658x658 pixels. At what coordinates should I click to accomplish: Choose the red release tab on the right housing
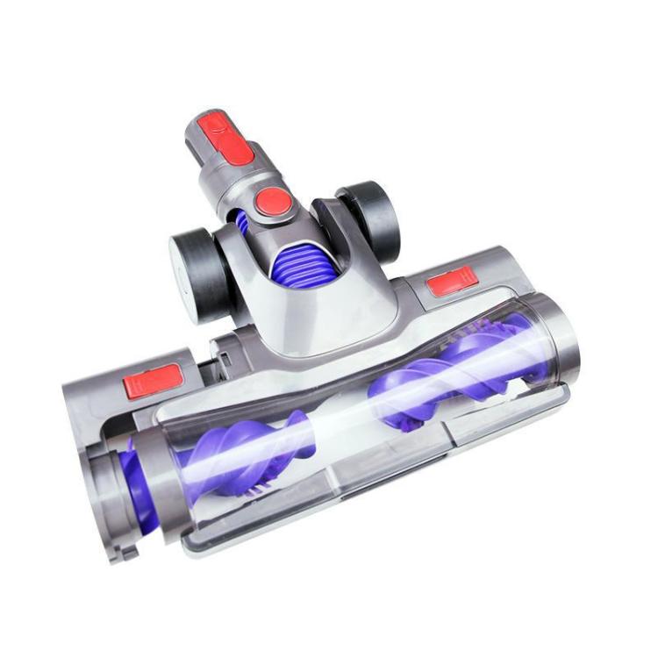coord(453,281)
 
